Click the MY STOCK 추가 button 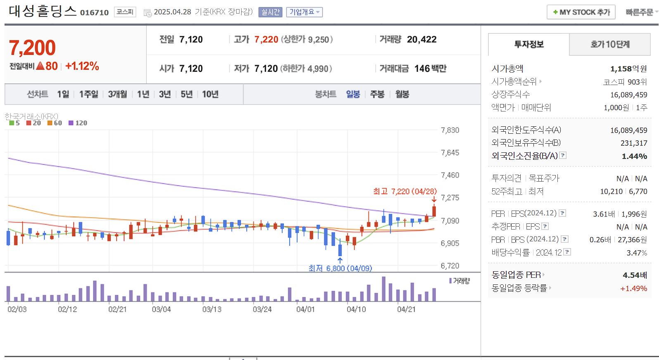pos(581,12)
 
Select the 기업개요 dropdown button pos(304,12)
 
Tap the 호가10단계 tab pos(610,44)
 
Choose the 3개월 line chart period pos(117,94)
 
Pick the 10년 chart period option pos(210,94)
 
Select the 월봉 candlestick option pos(402,94)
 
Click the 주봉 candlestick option pos(377,94)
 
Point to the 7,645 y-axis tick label pos(450,153)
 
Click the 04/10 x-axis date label pos(356,309)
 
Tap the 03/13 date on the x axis pos(212,309)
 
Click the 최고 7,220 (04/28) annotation pos(405,191)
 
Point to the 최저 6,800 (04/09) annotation pos(340,268)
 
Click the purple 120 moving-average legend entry pos(78,123)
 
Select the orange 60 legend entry pos(55,123)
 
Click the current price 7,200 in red pos(32,47)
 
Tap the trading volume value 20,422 pos(422,39)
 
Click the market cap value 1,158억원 pos(628,69)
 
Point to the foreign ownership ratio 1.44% pos(634,156)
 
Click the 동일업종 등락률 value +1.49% pos(633,288)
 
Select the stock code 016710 pos(95,12)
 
